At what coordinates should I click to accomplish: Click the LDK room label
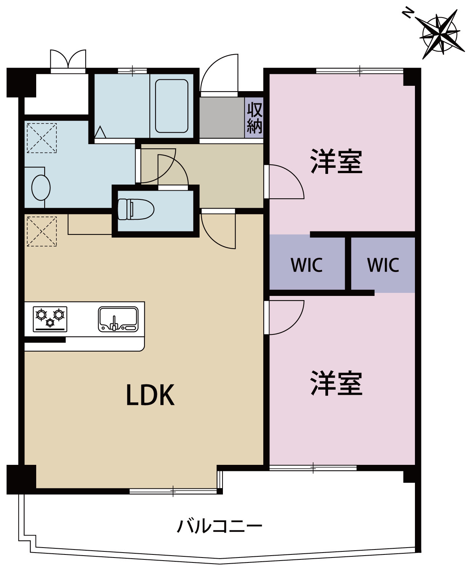150,395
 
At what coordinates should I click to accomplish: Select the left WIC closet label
306,265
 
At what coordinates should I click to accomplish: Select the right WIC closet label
383,265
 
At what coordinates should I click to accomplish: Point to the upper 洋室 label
336,162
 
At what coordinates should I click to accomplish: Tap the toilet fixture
135,209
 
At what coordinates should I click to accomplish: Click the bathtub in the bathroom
171,106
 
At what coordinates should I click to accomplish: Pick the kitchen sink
118,319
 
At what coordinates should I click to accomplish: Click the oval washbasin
41,188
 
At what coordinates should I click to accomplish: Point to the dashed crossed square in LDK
42,231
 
